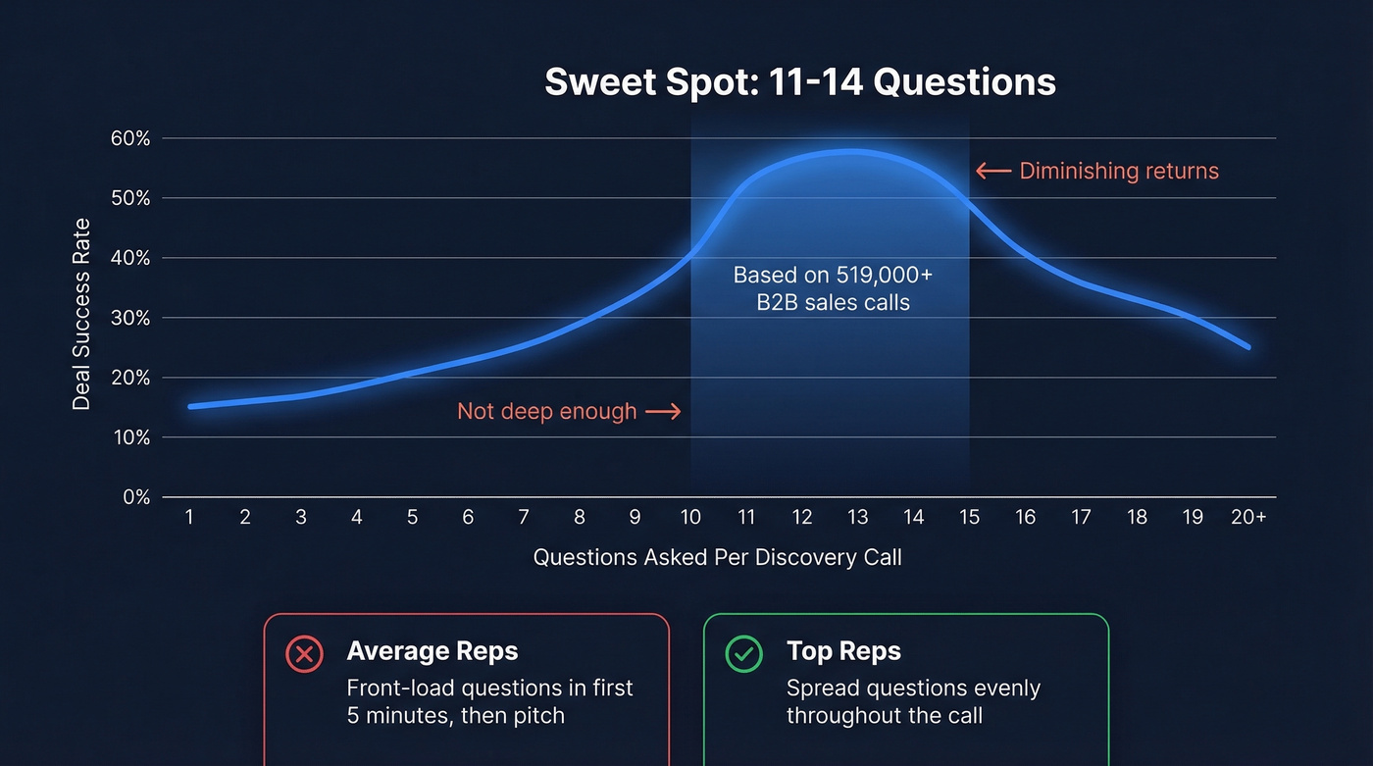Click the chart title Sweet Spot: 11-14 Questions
(799, 82)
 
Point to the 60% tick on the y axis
(129, 138)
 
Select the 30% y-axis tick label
(129, 318)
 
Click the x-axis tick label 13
(857, 517)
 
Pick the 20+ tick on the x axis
(1247, 517)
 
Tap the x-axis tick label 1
(189, 517)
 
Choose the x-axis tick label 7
(524, 517)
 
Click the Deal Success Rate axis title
(81, 314)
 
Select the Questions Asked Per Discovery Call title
(717, 558)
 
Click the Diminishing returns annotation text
(1119, 172)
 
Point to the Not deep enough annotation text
(546, 411)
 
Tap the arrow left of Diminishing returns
(992, 172)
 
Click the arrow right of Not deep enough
(663, 412)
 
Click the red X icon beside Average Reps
(304, 653)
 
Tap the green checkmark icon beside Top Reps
(743, 653)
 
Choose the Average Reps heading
(432, 650)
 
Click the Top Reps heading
(842, 650)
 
